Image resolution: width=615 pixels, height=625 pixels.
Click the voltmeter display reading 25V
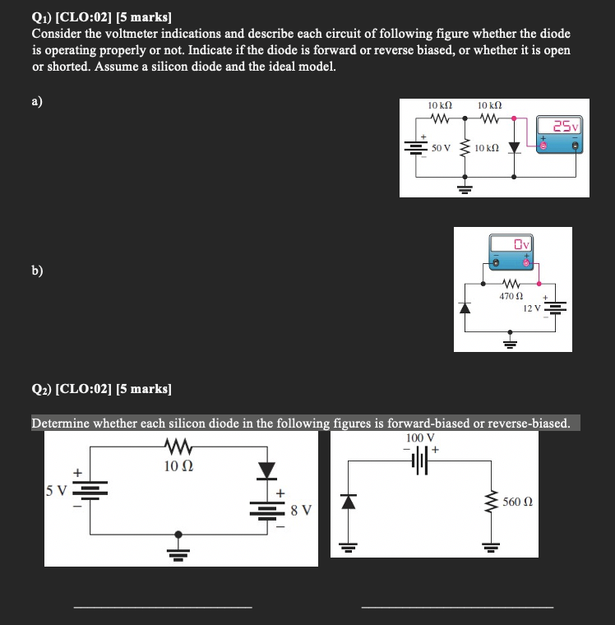(x=566, y=126)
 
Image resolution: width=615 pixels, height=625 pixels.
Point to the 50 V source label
(x=442, y=148)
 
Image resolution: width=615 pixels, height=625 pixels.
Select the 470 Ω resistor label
(x=510, y=295)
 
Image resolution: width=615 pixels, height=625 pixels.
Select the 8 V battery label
(x=301, y=510)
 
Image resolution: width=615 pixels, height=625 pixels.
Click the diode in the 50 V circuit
(x=515, y=148)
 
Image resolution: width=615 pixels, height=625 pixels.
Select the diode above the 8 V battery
(x=266, y=470)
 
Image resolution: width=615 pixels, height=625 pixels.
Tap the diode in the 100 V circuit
(x=349, y=500)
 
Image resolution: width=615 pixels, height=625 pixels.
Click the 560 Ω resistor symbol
(x=492, y=501)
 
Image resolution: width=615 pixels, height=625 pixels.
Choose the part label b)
(x=39, y=271)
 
